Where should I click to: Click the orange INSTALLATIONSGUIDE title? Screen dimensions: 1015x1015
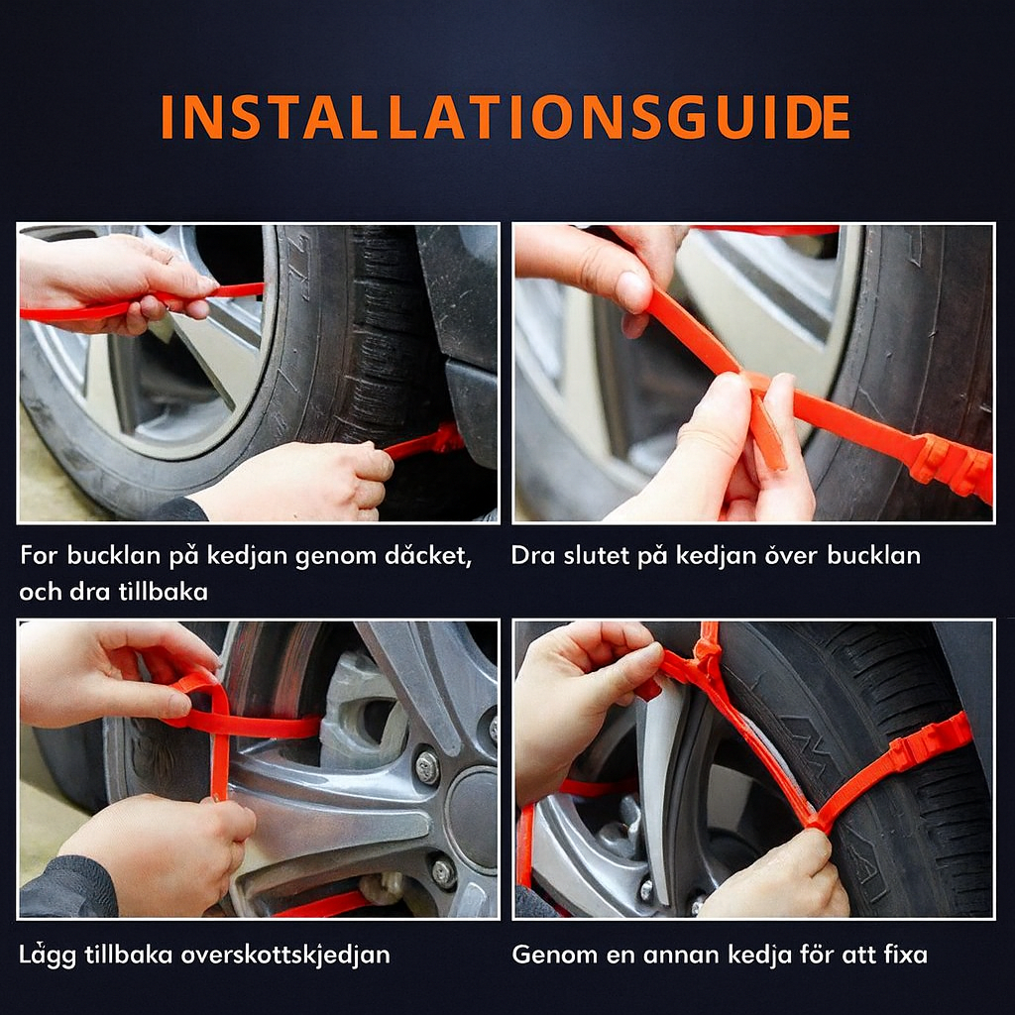pyautogui.click(x=505, y=117)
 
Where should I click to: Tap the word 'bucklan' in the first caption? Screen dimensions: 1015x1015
pyautogui.click(x=113, y=555)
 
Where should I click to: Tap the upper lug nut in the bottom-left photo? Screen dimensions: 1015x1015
pyautogui.click(x=427, y=767)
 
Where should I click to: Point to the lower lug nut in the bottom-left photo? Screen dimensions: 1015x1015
pyautogui.click(x=444, y=871)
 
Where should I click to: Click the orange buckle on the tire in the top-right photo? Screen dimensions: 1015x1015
pyautogui.click(x=951, y=466)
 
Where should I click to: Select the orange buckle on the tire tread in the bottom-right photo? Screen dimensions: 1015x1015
pyautogui.click(x=931, y=743)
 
